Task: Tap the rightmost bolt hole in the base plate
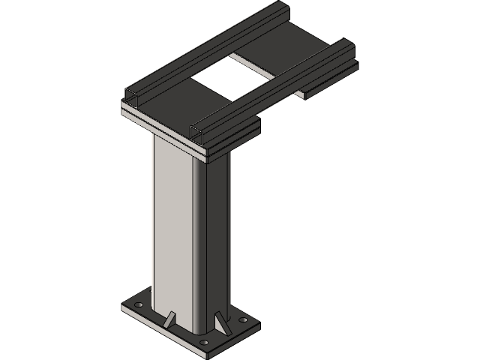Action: coord(241,319)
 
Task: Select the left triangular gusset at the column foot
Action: coord(171,318)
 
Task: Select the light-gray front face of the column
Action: coord(172,225)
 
